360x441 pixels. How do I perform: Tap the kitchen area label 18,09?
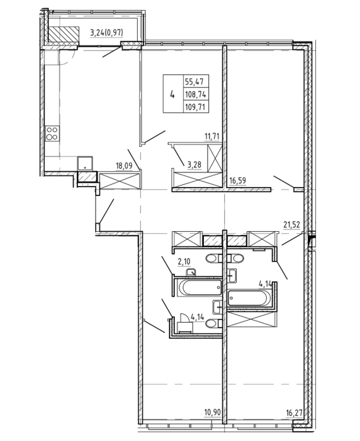coord(124,165)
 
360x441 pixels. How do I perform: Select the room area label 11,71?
coord(212,137)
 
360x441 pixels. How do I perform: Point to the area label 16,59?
coord(237,180)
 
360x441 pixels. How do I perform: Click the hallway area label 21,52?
coord(291,224)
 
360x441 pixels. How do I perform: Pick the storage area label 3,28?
coord(194,164)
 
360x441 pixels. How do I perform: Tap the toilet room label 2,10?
coord(184,261)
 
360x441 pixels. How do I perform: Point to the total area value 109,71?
coord(196,107)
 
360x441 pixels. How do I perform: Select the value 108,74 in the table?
coord(196,94)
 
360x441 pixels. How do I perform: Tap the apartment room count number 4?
coord(172,95)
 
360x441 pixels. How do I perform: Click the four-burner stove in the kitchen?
coord(52,134)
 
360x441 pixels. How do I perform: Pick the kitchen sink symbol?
coord(85,163)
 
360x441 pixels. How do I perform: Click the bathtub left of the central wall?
coord(200,287)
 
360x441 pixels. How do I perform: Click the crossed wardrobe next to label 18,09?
coord(120,181)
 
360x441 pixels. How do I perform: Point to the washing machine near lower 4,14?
coord(185,328)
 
